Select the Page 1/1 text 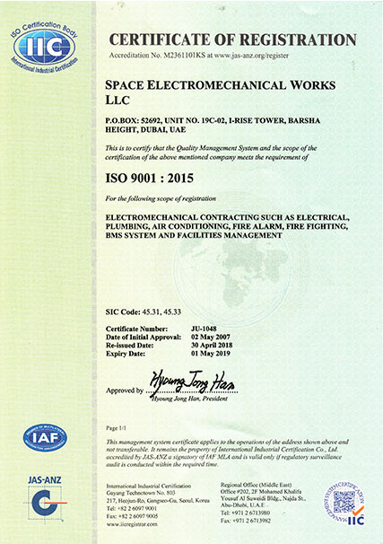coord(118,429)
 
